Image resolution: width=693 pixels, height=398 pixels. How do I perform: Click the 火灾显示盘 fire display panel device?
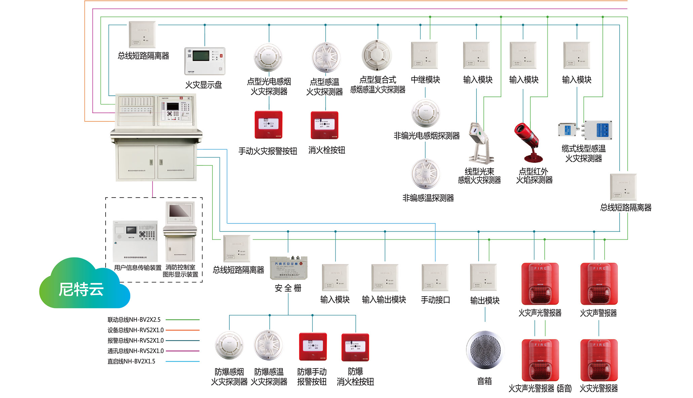(x=204, y=61)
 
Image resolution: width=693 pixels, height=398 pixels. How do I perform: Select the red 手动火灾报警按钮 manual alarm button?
(x=268, y=125)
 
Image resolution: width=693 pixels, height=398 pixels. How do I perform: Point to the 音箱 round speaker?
(x=485, y=350)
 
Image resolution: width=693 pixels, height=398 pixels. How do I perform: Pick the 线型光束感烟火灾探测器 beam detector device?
(x=480, y=143)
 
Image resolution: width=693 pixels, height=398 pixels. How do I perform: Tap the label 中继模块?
(x=425, y=80)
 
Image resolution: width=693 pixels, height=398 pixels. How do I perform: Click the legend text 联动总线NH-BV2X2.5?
(x=134, y=320)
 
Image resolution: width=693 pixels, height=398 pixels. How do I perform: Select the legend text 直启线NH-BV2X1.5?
(x=131, y=361)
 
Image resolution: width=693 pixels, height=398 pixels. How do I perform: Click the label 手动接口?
(x=435, y=300)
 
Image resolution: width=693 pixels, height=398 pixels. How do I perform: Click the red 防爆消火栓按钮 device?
(x=355, y=347)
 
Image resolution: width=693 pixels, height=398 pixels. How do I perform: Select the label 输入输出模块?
(x=384, y=300)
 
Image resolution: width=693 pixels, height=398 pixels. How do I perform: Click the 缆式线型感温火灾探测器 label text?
(x=583, y=154)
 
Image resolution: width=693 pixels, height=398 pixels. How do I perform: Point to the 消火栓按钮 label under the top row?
(x=326, y=150)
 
